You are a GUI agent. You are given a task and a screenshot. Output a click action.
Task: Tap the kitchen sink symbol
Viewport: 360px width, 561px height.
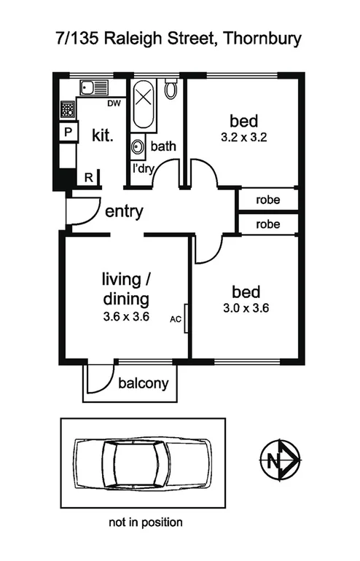94,88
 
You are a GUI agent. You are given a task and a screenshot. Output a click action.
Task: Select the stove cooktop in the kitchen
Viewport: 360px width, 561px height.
67,110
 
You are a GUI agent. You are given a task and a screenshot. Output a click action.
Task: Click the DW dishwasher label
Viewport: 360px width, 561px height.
113,104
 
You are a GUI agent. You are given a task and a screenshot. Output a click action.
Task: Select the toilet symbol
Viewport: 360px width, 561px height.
171,90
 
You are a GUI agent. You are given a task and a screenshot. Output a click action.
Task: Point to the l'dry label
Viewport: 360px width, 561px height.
143,168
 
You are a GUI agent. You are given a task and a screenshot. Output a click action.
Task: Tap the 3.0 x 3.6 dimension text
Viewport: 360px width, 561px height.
245,308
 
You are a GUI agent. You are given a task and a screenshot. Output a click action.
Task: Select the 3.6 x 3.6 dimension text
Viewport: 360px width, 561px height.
125,315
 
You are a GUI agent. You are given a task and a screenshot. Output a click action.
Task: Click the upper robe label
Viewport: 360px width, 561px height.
267,200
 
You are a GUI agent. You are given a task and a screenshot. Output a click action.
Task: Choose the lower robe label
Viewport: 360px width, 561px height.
267,225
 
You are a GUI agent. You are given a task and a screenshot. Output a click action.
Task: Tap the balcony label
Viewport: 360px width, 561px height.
144,383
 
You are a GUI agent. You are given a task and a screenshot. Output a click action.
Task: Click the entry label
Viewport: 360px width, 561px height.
124,213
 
